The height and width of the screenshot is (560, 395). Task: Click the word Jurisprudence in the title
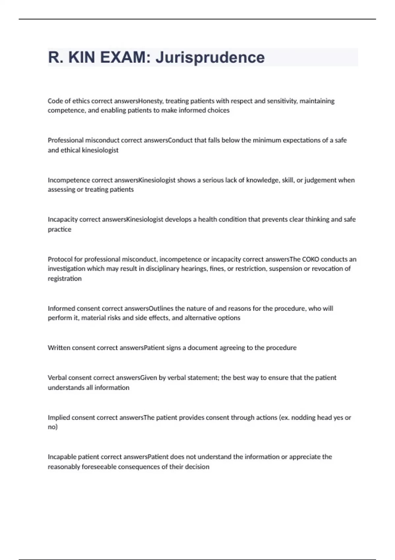(210, 58)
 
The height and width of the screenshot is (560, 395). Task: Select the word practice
(59, 229)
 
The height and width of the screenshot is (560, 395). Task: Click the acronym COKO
(310, 259)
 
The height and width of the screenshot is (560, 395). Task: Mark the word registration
(65, 279)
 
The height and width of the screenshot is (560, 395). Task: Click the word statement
(201, 378)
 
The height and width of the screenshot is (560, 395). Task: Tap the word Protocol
(60, 259)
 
